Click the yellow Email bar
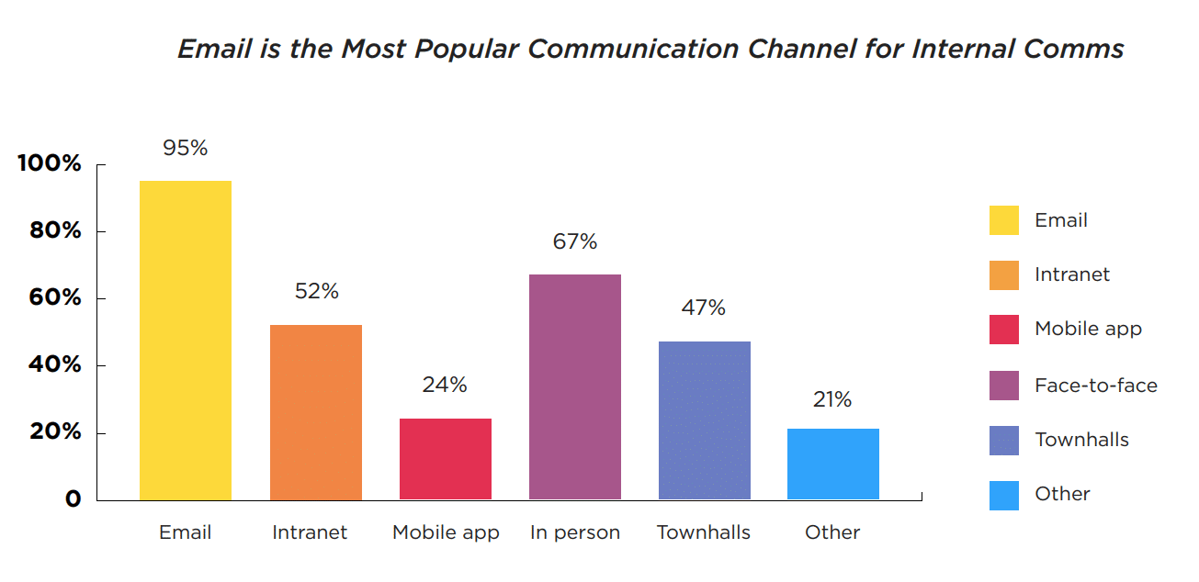coord(186,340)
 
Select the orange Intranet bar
coord(316,412)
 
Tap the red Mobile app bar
coord(446,459)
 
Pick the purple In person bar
coord(575,386)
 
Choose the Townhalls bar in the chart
coord(705,420)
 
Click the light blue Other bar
coord(833,464)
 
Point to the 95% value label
coord(186,148)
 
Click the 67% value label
coord(575,241)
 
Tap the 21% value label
coord(832,399)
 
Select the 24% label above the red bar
coord(445,385)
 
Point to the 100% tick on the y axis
coord(50,164)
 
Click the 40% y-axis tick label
coord(55,365)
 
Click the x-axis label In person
coord(575,532)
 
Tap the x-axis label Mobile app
coord(446,532)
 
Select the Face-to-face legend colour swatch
coord(1004,386)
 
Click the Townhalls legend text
coord(1081,440)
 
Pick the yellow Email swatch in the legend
coord(1004,220)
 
